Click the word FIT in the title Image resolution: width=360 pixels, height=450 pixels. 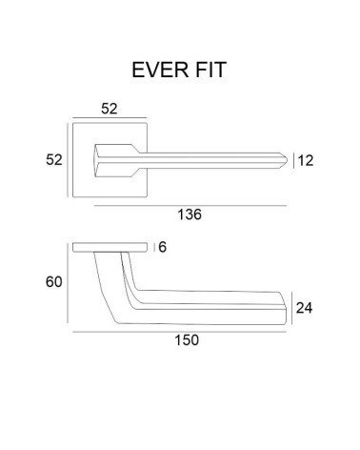click(210, 70)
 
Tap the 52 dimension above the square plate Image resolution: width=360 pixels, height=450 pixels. click(110, 109)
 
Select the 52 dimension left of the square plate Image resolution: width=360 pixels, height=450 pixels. click(54, 159)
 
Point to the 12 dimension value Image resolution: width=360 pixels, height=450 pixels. click(306, 160)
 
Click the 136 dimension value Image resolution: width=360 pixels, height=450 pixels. click(190, 215)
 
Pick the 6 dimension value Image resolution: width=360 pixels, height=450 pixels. click(162, 247)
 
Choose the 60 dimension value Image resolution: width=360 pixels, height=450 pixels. click(54, 282)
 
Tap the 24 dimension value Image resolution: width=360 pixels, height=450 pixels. click(304, 308)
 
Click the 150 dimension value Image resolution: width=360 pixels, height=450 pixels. click(187, 340)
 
